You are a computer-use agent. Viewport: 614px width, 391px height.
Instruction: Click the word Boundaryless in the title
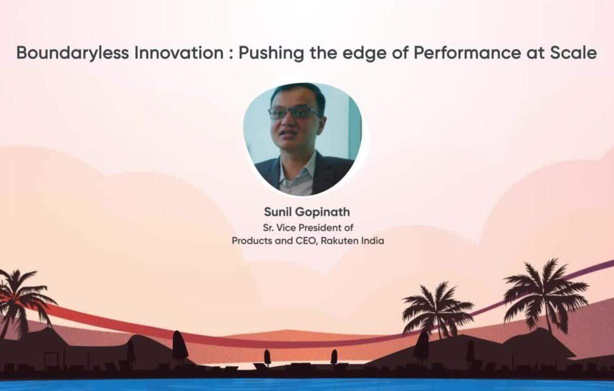pos(73,53)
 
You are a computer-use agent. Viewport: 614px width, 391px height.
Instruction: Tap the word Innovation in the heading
pos(179,53)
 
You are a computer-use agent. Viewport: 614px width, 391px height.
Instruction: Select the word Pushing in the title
pos(271,53)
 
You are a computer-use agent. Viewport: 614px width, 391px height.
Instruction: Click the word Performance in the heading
pos(467,53)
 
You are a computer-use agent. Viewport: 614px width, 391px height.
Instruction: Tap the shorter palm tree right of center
pos(436,309)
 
